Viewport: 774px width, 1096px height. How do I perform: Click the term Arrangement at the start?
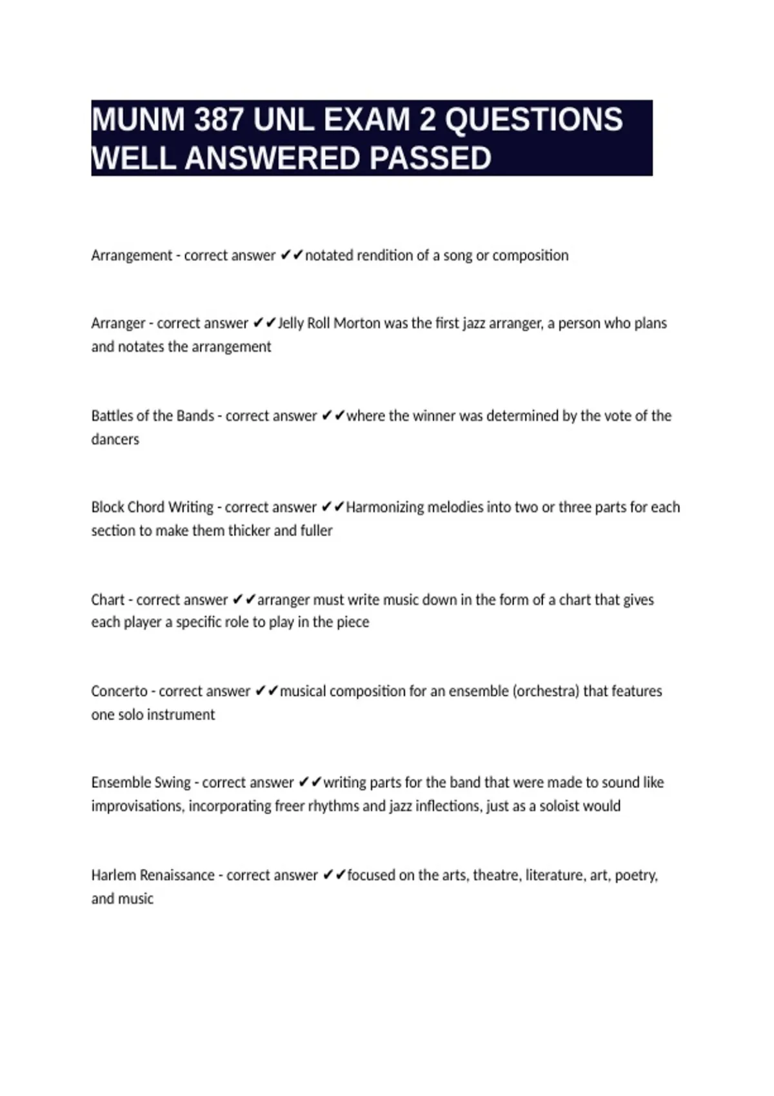coord(132,256)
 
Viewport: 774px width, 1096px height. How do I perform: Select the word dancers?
coord(115,440)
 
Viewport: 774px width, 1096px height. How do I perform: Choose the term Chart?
coord(108,600)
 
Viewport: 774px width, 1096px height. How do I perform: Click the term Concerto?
coord(119,691)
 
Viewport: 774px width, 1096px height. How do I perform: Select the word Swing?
coord(173,783)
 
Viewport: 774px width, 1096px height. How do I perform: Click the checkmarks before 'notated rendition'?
coord(292,255)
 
